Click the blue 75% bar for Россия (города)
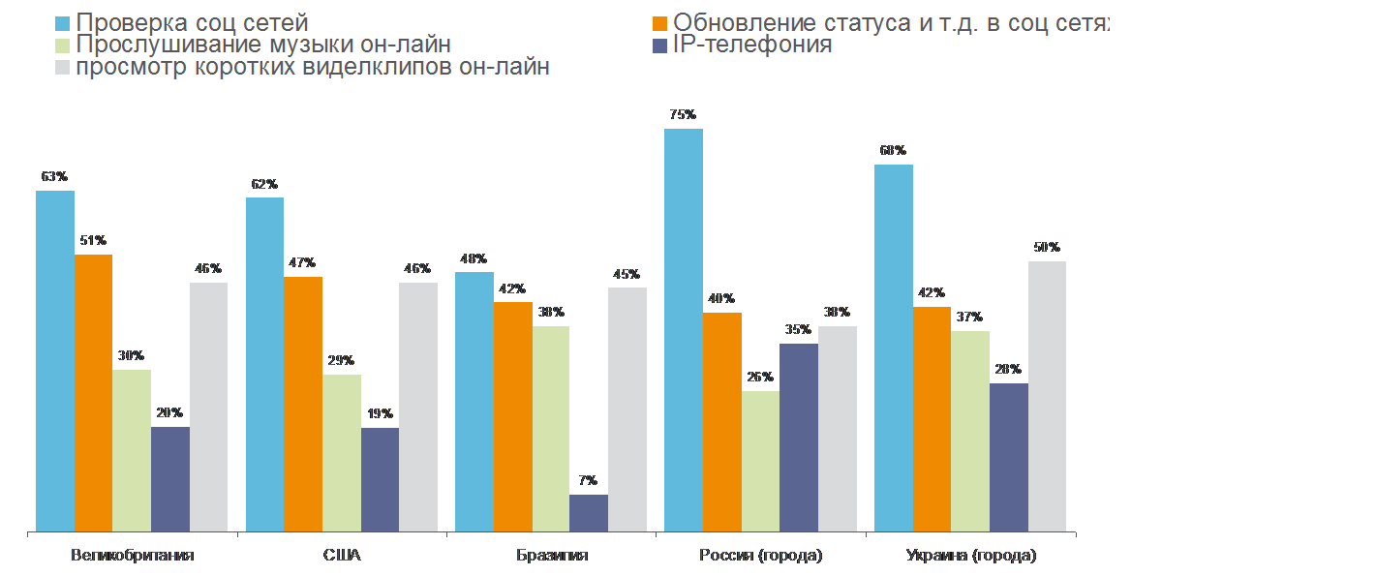coord(684,329)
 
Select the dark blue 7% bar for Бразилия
coord(589,513)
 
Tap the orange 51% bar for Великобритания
coord(93,392)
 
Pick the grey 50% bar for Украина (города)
coord(1047,396)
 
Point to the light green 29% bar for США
coord(341,452)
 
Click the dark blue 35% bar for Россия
coord(799,437)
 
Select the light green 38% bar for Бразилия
coord(551,428)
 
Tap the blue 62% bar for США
coord(264,364)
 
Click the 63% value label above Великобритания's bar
coord(54,177)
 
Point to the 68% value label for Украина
coord(893,151)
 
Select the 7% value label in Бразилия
coord(589,481)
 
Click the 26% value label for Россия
coord(760,377)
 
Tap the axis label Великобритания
coord(133,556)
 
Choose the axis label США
coord(342,556)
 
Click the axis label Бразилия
coord(551,556)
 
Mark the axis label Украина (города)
coord(970,556)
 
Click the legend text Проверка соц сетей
coord(193,21)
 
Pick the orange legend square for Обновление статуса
coord(659,21)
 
